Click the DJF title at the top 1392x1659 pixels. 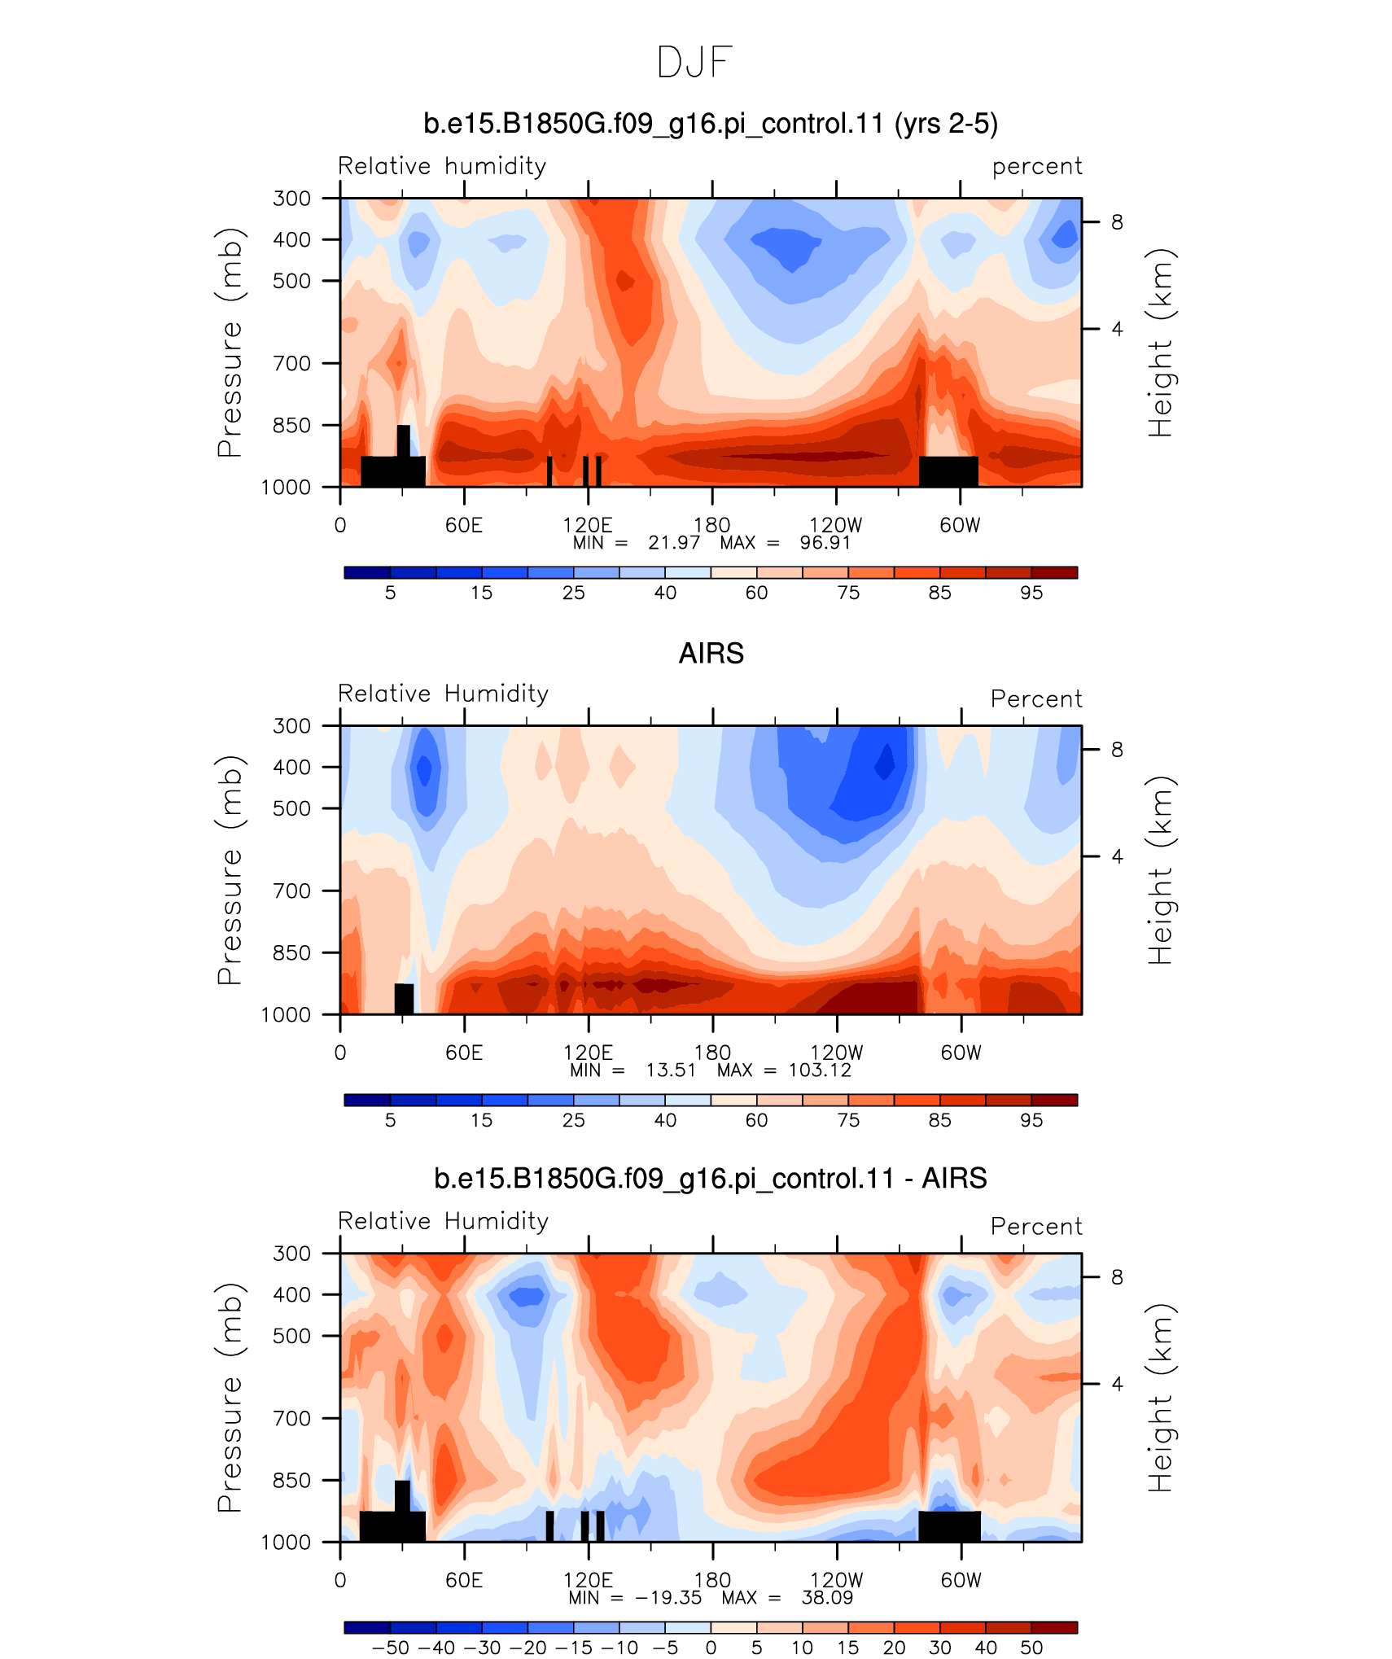pyautogui.click(x=694, y=63)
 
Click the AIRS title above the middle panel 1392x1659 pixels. pyautogui.click(x=711, y=654)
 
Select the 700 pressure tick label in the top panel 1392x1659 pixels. pyautogui.click(x=292, y=363)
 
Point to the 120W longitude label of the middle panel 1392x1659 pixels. pyautogui.click(x=836, y=1053)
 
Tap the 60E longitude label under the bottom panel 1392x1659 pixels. pyautogui.click(x=464, y=1580)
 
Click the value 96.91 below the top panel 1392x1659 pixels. pyautogui.click(x=825, y=543)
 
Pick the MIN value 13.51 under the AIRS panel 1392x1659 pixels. pyautogui.click(x=671, y=1070)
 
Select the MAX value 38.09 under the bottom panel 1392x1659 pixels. pyautogui.click(x=827, y=1597)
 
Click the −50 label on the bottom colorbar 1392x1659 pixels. pyautogui.click(x=391, y=1648)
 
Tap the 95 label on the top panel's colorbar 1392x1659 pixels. pyautogui.click(x=1031, y=593)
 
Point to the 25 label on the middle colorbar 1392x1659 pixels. pyautogui.click(x=574, y=1120)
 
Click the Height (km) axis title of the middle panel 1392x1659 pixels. pyautogui.click(x=1160, y=870)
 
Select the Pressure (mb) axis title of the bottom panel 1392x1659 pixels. pyautogui.click(x=230, y=1398)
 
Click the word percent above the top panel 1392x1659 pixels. pyautogui.click(x=1037, y=167)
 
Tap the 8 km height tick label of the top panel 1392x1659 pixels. pyautogui.click(x=1117, y=222)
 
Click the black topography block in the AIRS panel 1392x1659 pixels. pyautogui.click(x=404, y=999)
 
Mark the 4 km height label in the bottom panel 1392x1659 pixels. pyautogui.click(x=1117, y=1384)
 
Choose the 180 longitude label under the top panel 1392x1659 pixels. pyautogui.click(x=711, y=525)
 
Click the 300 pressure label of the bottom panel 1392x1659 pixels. pyautogui.click(x=292, y=1253)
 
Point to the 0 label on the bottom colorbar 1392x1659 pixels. pyautogui.click(x=711, y=1648)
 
